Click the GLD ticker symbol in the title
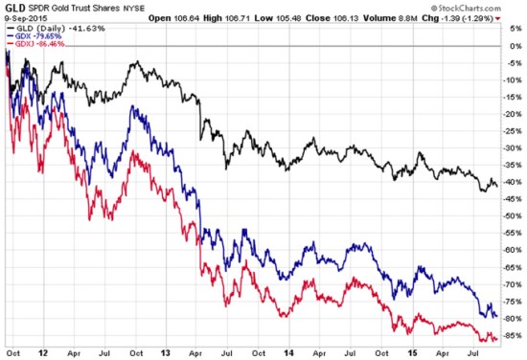pos(13,7)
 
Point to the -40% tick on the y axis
pos(514,182)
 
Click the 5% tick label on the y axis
pos(515,29)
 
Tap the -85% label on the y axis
pos(514,335)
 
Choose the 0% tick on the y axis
pos(515,46)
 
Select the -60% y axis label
pos(514,250)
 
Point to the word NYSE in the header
pos(150,8)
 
